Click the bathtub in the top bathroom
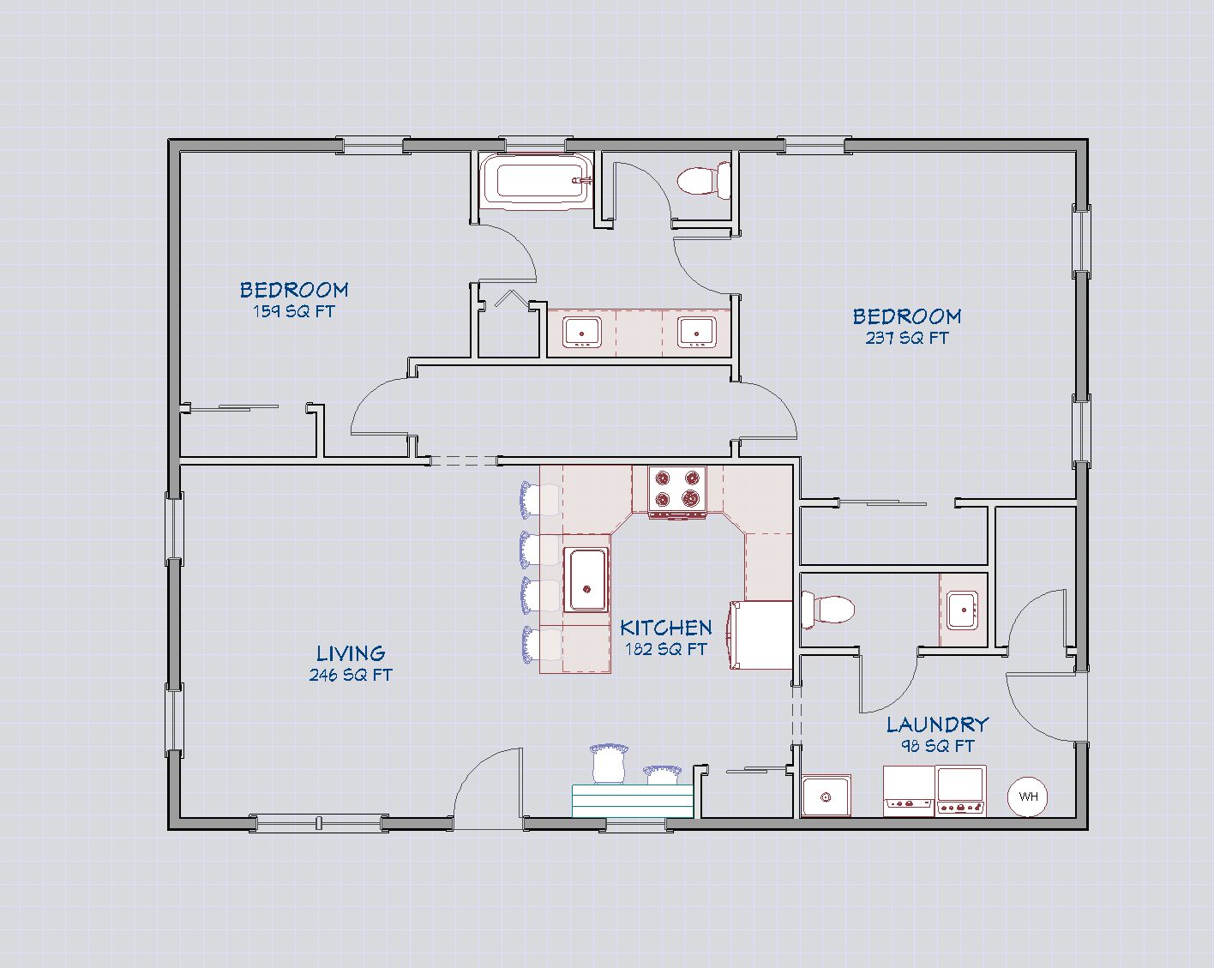point(537,181)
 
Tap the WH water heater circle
point(1028,797)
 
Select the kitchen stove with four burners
point(677,491)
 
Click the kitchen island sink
point(586,580)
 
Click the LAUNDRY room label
point(937,724)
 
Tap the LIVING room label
point(351,653)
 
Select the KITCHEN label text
point(666,628)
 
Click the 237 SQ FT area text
point(907,338)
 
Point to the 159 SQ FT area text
point(294,311)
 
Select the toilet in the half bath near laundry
point(828,610)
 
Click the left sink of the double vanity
point(582,332)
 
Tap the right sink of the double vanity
point(697,332)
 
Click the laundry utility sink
point(826,797)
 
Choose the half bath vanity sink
point(963,610)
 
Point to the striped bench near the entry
point(633,801)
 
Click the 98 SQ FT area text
point(937,746)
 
